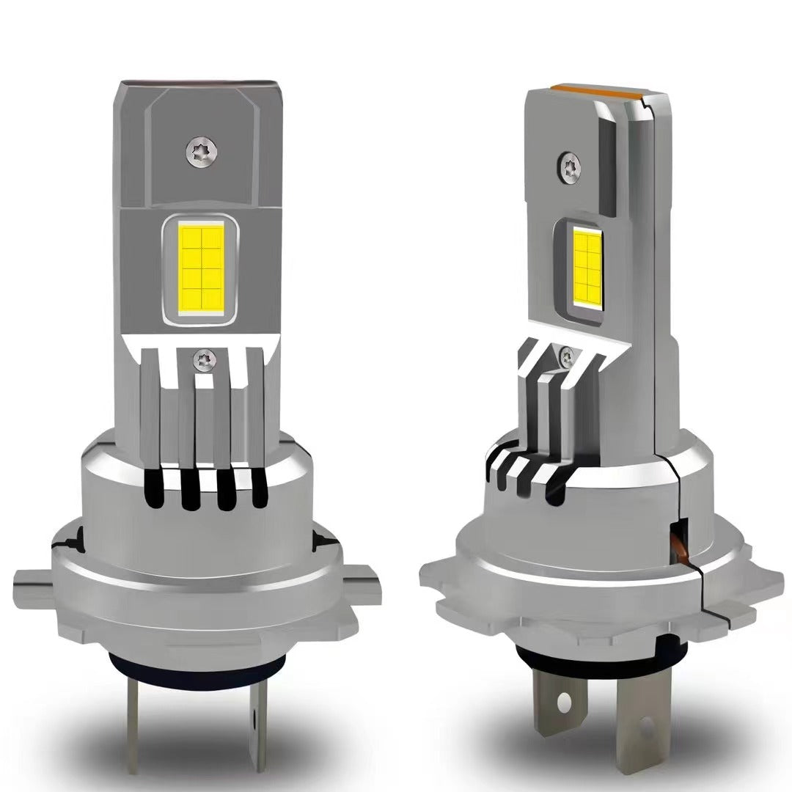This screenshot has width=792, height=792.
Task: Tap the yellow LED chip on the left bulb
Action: (199, 269)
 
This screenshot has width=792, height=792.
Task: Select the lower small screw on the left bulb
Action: (199, 359)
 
